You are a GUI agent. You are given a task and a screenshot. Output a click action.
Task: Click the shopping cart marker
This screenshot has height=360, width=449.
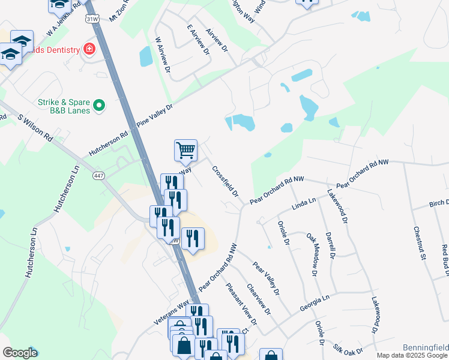coord(185,151)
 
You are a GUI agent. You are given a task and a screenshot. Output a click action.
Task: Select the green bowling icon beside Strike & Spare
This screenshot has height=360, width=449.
coord(100,107)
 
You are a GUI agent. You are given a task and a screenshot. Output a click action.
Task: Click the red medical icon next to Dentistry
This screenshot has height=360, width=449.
coord(89,48)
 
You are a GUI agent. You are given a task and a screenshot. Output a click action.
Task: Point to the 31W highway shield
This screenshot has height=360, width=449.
coord(91,19)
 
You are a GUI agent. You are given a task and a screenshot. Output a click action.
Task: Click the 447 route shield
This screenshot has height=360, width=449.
coord(99,176)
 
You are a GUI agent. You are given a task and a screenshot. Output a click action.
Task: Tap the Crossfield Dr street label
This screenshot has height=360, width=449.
coord(225,182)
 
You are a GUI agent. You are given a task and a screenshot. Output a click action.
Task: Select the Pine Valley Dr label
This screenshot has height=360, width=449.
coord(155,114)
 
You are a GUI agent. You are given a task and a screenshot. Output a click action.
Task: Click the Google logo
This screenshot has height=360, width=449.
coord(20,353)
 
